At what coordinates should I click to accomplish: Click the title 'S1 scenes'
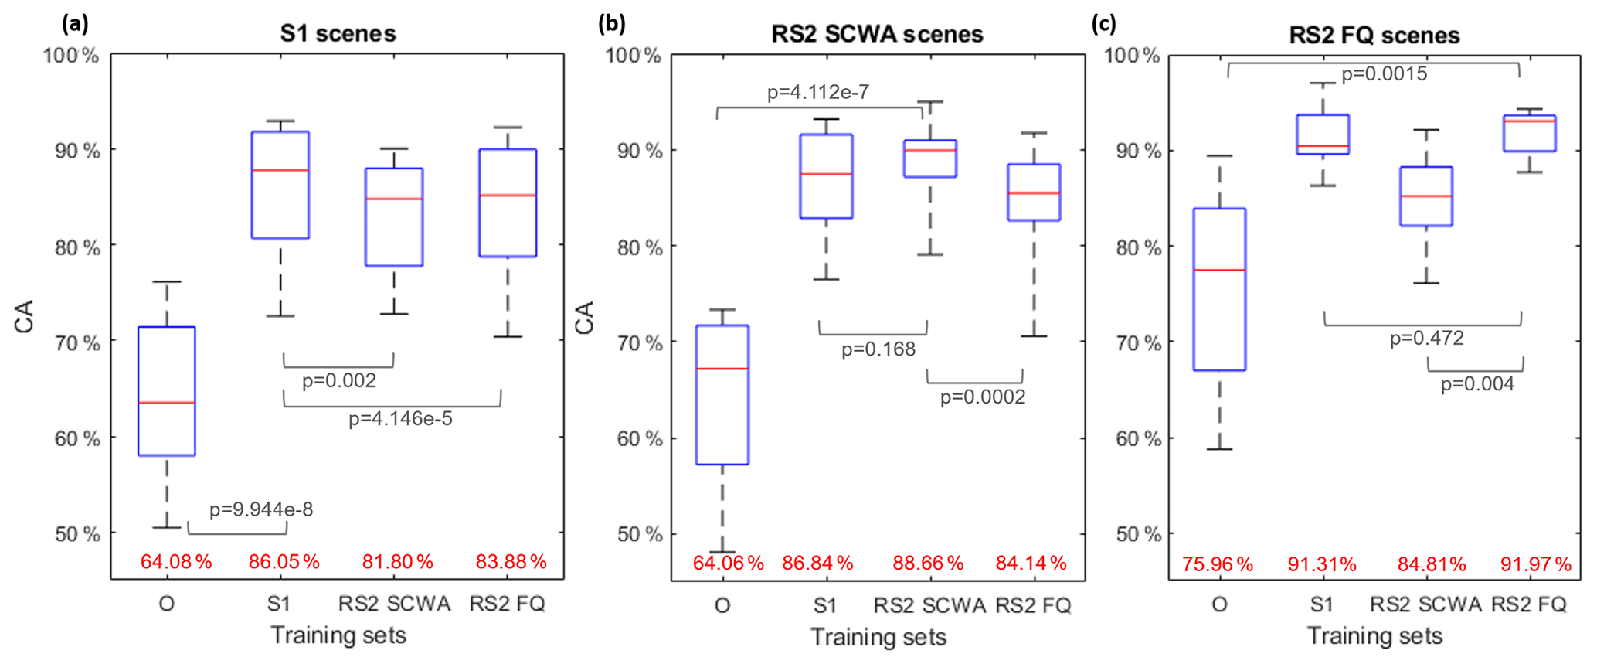coord(338,33)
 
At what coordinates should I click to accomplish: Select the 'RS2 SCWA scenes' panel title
coord(877,34)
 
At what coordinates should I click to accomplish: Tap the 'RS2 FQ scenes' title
coord(1374,36)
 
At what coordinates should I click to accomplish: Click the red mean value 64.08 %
coord(176,562)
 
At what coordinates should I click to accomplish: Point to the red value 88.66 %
coord(928,564)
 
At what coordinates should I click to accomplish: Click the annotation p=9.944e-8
coord(261,509)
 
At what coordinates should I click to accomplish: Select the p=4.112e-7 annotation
coord(818,93)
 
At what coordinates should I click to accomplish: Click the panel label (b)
coord(612,24)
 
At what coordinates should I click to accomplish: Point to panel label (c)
coord(1103,24)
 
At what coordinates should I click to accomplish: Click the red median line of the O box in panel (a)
coord(166,403)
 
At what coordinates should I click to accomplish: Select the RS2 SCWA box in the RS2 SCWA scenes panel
coord(929,158)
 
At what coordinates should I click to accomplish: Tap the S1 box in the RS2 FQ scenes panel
coord(1323,135)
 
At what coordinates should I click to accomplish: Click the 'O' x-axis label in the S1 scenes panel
coord(166,604)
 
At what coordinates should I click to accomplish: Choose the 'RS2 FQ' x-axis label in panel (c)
coord(1528,604)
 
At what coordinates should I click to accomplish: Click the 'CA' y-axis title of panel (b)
coord(585,318)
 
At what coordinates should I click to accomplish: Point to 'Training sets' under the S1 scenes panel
coord(338,635)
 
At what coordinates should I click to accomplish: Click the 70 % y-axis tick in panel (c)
coord(1140,343)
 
